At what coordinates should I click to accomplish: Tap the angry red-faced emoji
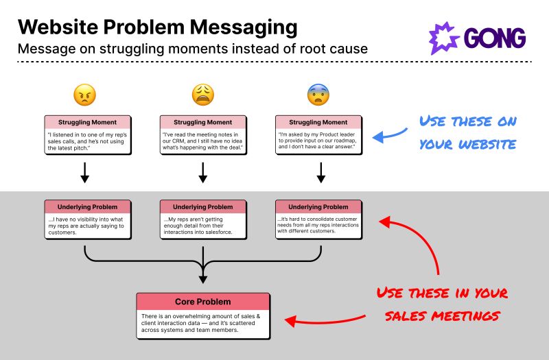[x=84, y=95]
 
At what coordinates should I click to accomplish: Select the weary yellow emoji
[x=202, y=95]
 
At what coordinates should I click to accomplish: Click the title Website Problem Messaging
[x=157, y=27]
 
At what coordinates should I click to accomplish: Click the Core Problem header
[x=202, y=302]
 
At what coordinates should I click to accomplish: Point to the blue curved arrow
[x=389, y=134]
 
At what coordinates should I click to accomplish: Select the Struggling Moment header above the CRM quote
[x=202, y=122]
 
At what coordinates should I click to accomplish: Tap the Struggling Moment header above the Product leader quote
[x=318, y=122]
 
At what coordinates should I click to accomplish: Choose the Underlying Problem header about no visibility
[x=87, y=206]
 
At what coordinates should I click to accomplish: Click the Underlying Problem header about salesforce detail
[x=202, y=206]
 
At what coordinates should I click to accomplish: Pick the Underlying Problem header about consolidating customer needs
[x=318, y=206]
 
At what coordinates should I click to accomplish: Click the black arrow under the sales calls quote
[x=84, y=173]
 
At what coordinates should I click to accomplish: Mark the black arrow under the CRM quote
[x=202, y=173]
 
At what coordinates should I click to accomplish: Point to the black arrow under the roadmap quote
[x=320, y=173]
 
